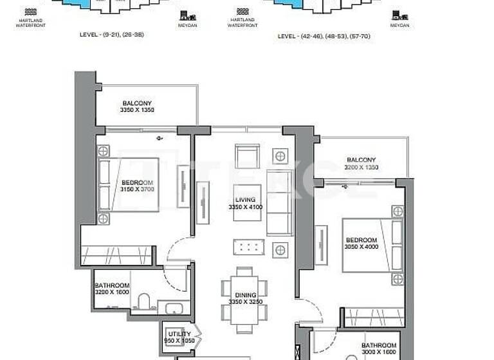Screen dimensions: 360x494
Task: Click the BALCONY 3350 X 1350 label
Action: pos(136,107)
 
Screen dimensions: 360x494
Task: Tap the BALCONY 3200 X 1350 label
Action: pos(361,163)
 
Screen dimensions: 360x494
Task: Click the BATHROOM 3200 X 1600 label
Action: pos(112,289)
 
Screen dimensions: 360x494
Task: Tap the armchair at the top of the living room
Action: pos(248,156)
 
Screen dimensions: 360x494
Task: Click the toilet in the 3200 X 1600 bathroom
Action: pos(144,301)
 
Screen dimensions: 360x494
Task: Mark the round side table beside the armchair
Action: pos(279,156)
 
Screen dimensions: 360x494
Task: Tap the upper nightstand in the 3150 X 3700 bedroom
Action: pos(103,152)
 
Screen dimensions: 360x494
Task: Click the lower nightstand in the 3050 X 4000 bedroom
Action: pos(398,278)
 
